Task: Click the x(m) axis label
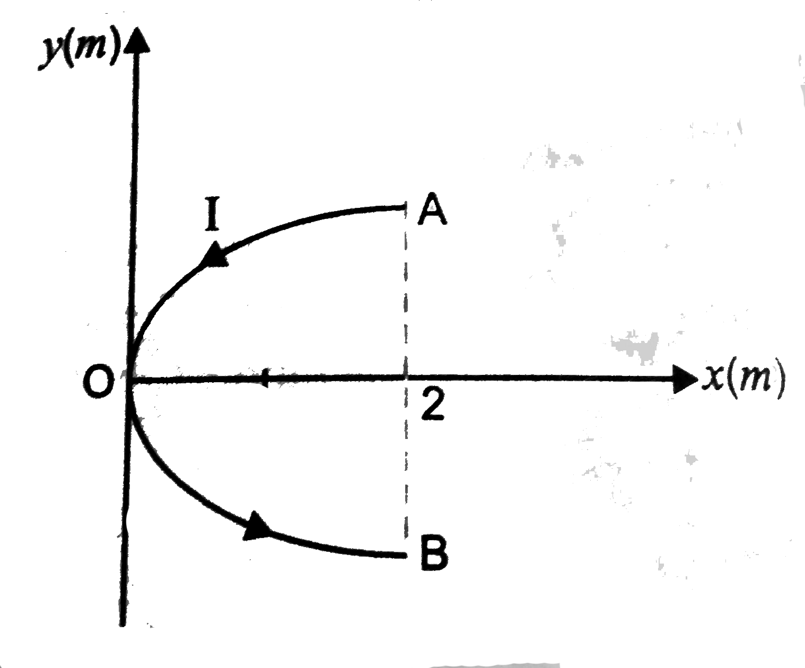tap(741, 378)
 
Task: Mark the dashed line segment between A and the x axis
tap(406, 292)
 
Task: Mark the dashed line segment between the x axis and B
tap(406, 467)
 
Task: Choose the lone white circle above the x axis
tap(295, 337)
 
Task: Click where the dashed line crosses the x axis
tap(406, 379)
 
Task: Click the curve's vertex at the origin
tap(129, 379)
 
